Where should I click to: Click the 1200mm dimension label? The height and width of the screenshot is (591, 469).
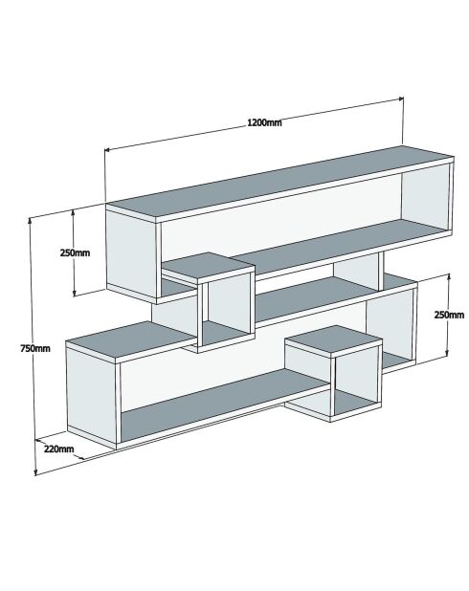(x=264, y=122)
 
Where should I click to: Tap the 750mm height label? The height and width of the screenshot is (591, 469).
(x=35, y=349)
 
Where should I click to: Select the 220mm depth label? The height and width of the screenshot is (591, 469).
(x=58, y=449)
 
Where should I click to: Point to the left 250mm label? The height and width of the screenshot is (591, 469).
(x=75, y=252)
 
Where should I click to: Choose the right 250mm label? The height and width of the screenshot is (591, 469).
(x=449, y=315)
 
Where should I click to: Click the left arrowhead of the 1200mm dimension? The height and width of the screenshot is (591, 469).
(x=107, y=149)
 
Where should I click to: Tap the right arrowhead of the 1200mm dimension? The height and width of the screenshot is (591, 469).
(x=401, y=98)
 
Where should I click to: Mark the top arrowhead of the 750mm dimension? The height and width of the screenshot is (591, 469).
(x=30, y=220)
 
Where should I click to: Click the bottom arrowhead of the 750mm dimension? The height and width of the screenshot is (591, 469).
(x=35, y=471)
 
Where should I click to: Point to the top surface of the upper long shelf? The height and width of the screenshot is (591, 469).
(x=280, y=182)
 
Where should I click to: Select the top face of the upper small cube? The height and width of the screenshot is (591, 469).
(x=209, y=267)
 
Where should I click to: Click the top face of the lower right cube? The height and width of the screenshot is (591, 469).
(x=333, y=339)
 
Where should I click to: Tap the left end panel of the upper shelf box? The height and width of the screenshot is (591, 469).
(x=131, y=254)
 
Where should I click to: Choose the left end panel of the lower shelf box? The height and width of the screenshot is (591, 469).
(x=91, y=396)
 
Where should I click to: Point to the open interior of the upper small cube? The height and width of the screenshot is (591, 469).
(x=228, y=307)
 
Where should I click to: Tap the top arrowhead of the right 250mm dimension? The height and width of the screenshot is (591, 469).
(x=448, y=277)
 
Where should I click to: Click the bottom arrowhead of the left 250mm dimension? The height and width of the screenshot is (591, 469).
(x=75, y=293)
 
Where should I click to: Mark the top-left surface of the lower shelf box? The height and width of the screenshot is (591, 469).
(x=130, y=340)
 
